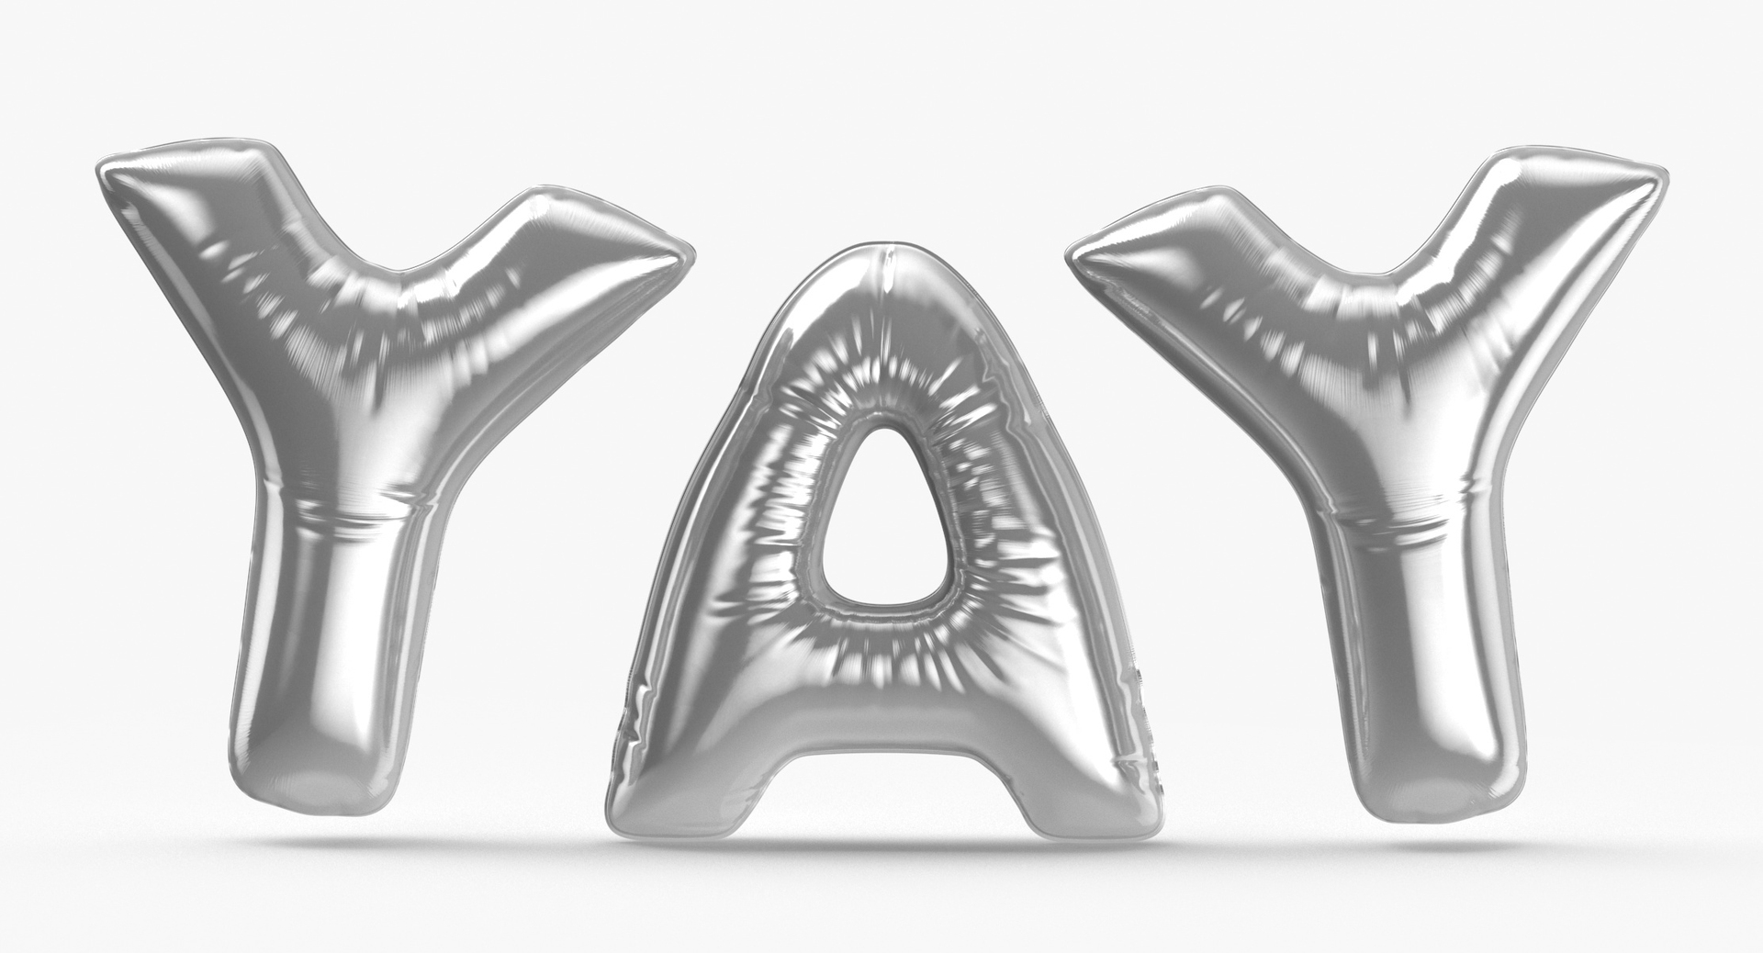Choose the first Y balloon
coord(358,413)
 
